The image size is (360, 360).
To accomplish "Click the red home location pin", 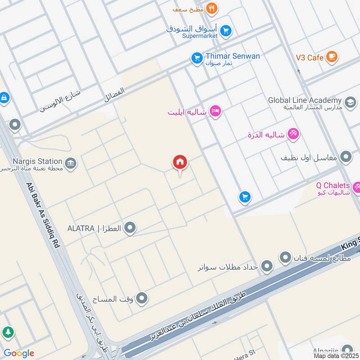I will coord(180,163).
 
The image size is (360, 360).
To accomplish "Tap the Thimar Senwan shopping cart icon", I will coord(196,58).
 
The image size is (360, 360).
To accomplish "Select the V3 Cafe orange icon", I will coord(332,57).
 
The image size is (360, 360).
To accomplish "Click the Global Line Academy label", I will coord(305,100).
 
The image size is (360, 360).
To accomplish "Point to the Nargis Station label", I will coord(37,161).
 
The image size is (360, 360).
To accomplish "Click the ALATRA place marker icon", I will coord(130,228).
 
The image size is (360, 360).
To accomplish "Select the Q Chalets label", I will coord(333,185).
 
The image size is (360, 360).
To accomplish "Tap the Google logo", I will coord(18,353).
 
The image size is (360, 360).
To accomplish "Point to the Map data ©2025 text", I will coord(336,355).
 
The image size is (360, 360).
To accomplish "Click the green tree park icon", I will coord(8,333).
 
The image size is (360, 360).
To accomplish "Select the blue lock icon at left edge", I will coord(4,98).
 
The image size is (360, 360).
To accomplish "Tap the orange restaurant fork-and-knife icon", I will coord(211,8).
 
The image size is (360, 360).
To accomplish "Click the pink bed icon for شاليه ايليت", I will coord(216,111).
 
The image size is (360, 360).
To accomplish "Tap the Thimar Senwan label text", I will coord(233,56).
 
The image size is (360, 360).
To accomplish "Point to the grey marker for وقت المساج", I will coord(142,298).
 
